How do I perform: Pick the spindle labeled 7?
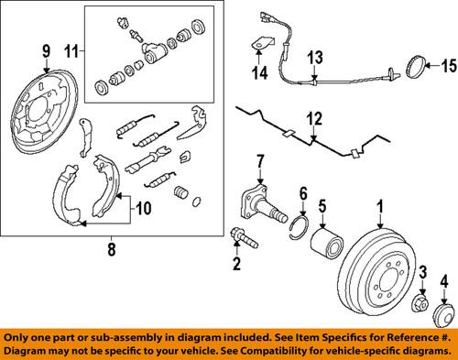tap(258, 206)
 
